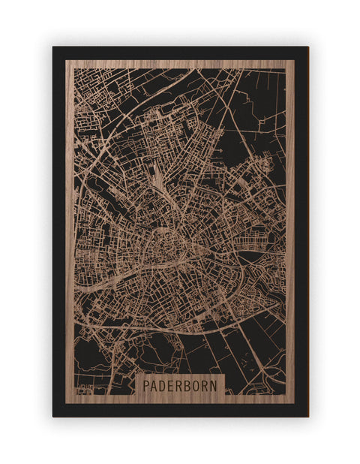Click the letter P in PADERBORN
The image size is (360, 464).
[x=144, y=385]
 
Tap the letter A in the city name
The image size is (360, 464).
[x=153, y=385]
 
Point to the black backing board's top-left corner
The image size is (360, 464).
[x=53, y=47]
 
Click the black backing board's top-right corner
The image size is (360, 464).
[x=307, y=47]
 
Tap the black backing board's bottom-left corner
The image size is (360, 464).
[x=53, y=416]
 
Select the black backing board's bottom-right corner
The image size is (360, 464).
[x=307, y=416]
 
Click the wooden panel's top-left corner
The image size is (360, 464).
[x=66, y=60]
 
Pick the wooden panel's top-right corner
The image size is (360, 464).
[x=295, y=60]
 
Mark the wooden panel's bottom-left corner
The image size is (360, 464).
[x=66, y=403]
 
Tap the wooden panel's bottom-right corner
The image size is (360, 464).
[x=295, y=403]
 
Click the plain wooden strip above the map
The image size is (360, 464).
[x=180, y=64]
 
